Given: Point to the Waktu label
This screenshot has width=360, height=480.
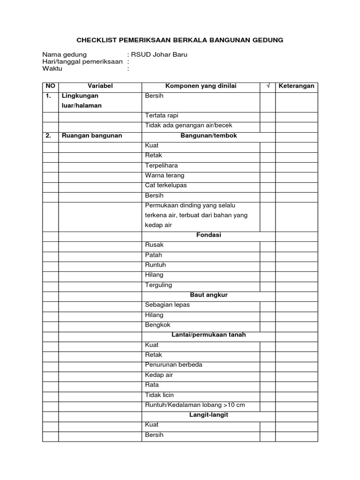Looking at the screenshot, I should tap(52, 68).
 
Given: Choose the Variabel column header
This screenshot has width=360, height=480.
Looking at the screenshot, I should tap(100, 86).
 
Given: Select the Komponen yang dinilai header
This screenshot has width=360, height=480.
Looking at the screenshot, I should tap(201, 86).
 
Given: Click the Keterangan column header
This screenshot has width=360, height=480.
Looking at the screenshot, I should tap(296, 86).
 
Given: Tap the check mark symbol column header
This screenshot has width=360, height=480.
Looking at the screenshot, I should tap(268, 86).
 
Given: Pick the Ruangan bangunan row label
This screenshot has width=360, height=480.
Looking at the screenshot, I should tap(92, 135).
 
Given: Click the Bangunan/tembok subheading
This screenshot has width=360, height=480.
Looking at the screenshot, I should tap(209, 135).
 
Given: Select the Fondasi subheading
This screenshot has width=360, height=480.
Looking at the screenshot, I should tap(209, 235).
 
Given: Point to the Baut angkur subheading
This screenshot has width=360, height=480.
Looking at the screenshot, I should tap(209, 295).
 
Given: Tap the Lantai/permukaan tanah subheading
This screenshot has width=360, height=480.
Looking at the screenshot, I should tap(209, 335).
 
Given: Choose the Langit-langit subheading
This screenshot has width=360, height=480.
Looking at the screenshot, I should tap(209, 415).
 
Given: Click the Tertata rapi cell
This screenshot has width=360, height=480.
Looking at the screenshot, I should tap(162, 115).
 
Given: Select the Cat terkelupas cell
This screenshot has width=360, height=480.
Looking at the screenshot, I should tap(166, 185).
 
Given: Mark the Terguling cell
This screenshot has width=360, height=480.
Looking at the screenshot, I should tap(159, 285).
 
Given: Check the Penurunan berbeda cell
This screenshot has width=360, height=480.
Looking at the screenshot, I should tap(174, 365).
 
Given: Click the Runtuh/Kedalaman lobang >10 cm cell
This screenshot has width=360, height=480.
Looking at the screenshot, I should tap(195, 405).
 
